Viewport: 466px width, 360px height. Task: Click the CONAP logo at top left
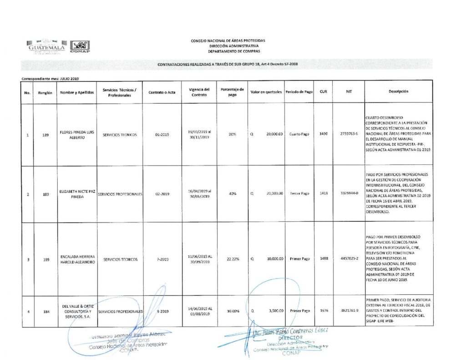80,47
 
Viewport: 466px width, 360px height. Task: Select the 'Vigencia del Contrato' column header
199,92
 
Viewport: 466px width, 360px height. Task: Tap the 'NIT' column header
349,91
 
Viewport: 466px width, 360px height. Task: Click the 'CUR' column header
323,91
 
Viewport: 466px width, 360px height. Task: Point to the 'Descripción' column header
398,91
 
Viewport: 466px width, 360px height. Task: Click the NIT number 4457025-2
349,259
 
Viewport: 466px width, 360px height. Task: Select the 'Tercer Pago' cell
299,193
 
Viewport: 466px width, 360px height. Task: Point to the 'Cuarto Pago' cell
299,134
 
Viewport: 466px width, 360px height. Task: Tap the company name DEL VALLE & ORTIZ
76,306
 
